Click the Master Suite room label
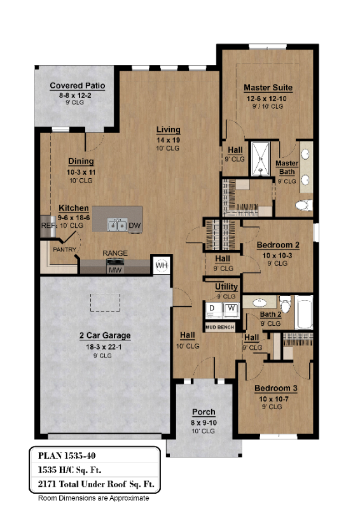(x=268, y=87)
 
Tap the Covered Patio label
(x=78, y=86)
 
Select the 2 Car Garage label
(x=104, y=335)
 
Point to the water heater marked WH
(x=161, y=265)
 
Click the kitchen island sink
(x=116, y=225)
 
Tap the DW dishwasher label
(x=134, y=225)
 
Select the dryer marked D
(x=212, y=309)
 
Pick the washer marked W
(x=231, y=309)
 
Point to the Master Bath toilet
(x=303, y=205)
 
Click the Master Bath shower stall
(x=261, y=158)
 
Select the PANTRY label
(x=65, y=249)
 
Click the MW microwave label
(x=115, y=269)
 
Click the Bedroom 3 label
(x=276, y=388)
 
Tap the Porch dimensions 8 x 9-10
(x=204, y=422)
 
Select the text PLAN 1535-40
(x=67, y=455)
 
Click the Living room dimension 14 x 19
(x=169, y=139)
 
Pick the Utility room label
(x=226, y=287)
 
